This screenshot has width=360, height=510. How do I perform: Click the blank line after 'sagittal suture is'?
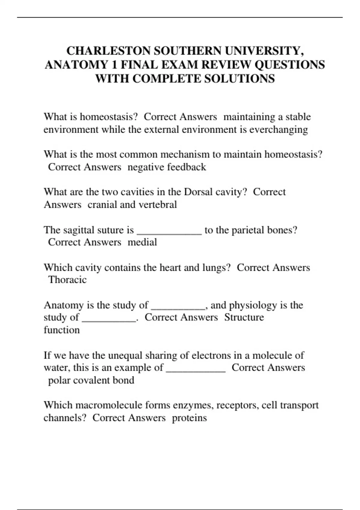pyautogui.click(x=169, y=233)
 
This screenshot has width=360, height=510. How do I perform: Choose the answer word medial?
pyautogui.click(x=142, y=242)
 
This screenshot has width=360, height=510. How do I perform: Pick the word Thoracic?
pyautogui.click(x=67, y=280)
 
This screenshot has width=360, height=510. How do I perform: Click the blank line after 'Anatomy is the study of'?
pyautogui.click(x=178, y=308)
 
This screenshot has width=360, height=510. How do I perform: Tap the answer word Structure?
pyautogui.click(x=244, y=317)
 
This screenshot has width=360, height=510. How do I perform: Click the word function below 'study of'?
pyautogui.click(x=61, y=330)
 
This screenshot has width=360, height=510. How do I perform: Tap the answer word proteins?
pyautogui.click(x=189, y=418)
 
